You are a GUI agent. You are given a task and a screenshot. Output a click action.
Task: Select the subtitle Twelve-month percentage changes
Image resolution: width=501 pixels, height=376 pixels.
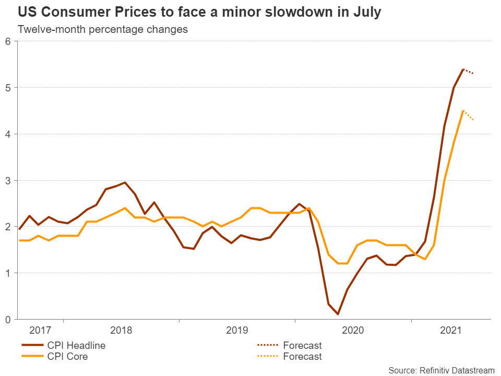pyautogui.click(x=103, y=29)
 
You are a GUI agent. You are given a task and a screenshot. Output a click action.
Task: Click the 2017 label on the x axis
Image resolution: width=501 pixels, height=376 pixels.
pyautogui.click(x=40, y=331)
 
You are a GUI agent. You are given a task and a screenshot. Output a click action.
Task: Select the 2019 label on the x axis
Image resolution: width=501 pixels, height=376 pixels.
pyautogui.click(x=237, y=331)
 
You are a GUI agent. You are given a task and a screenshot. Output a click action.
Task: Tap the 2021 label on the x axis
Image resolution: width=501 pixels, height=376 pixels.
pyautogui.click(x=451, y=331)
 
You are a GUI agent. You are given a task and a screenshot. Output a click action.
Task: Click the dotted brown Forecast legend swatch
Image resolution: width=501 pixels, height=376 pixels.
pyautogui.click(x=267, y=345)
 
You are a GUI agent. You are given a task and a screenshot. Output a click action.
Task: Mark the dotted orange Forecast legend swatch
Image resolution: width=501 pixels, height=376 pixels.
pyautogui.click(x=267, y=357)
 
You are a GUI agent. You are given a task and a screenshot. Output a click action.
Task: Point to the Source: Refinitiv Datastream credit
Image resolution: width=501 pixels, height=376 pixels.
pyautogui.click(x=441, y=370)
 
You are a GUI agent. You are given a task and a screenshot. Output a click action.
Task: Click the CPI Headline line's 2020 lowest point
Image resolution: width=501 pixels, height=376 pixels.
pyautogui.click(x=338, y=314)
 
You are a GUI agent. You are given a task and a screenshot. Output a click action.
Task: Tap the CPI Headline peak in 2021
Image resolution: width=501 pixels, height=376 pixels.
pyautogui.click(x=463, y=69)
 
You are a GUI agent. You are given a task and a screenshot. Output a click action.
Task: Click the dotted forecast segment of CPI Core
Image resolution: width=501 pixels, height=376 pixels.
pyautogui.click(x=469, y=116)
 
